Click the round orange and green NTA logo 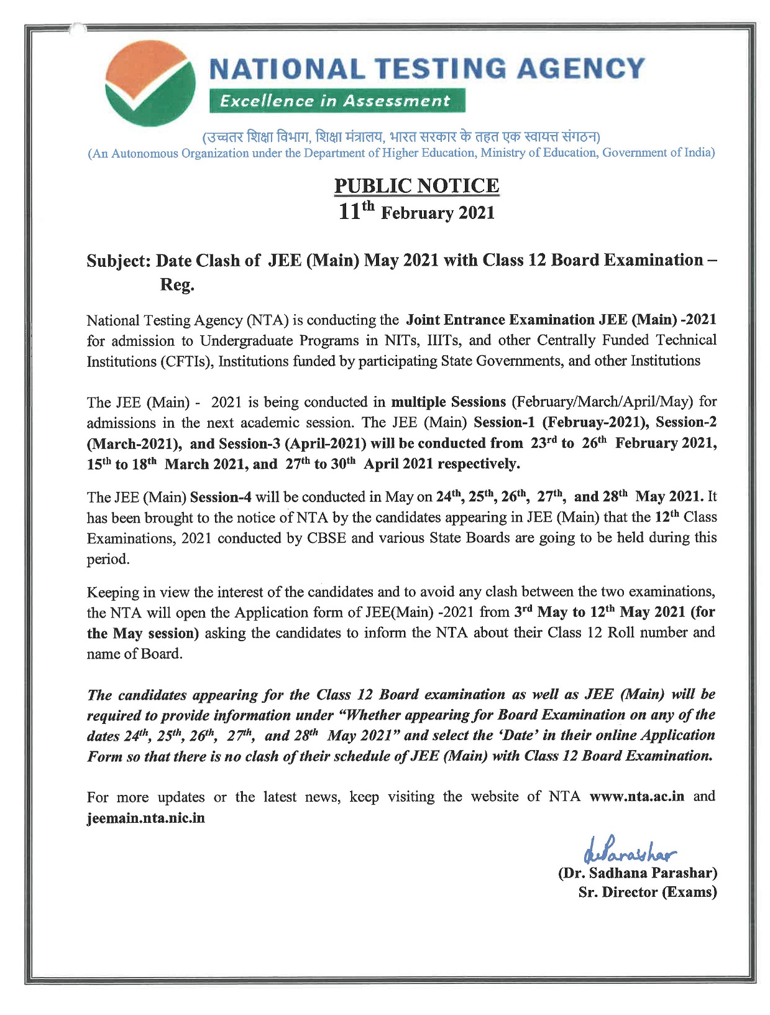tap(150, 83)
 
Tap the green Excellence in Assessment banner tap(336, 101)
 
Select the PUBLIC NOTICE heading tap(416, 185)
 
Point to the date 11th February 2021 tap(416, 212)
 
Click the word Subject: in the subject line tap(119, 260)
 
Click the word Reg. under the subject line tap(177, 285)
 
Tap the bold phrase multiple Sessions tap(448, 402)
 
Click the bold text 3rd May tap(541, 612)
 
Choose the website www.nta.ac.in tap(636, 797)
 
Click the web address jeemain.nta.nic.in tap(145, 817)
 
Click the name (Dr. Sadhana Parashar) tap(638, 873)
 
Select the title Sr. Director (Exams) tap(647, 892)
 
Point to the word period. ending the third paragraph tap(108, 559)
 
